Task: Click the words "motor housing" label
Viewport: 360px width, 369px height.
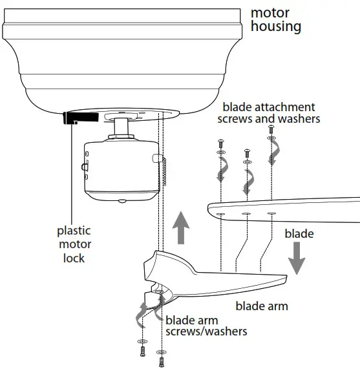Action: tap(275, 19)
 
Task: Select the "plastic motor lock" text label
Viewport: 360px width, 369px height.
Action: tap(74, 244)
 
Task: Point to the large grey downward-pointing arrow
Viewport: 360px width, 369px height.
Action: tap(297, 258)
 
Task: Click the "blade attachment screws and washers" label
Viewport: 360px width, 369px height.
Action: tap(271, 112)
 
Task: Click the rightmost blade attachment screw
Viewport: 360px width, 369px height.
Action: tap(271, 131)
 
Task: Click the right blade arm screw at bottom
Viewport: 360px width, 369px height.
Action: tap(160, 361)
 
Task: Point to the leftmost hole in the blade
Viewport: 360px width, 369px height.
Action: tap(221, 213)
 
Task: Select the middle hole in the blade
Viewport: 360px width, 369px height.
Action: tap(246, 213)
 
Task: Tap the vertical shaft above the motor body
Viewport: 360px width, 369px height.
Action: tap(122, 129)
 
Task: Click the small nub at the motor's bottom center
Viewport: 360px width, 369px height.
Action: tap(122, 202)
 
